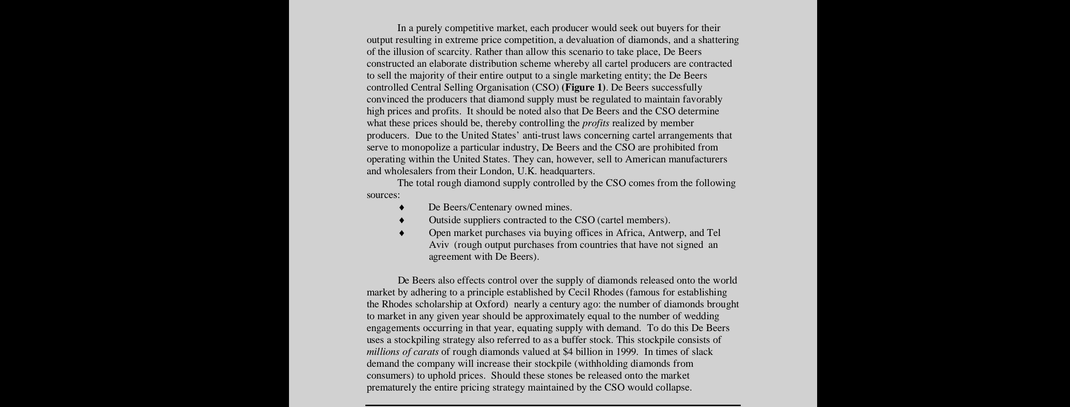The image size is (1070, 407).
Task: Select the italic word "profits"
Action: click(595, 123)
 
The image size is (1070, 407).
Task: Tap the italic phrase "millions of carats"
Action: click(402, 352)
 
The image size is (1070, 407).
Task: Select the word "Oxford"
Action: click(492, 304)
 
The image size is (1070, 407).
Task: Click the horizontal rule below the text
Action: click(552, 405)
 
